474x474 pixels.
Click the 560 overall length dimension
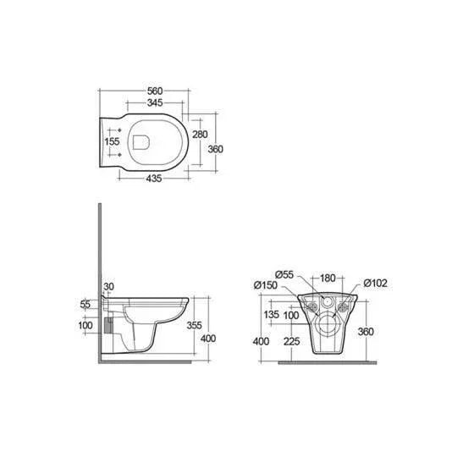(155, 91)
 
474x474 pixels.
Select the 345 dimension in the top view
(155, 102)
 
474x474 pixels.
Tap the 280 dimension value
(200, 135)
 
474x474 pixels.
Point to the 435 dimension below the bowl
(154, 179)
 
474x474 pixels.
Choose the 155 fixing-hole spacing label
(112, 141)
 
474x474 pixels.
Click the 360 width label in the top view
(215, 149)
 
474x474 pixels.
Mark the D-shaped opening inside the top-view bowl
(141, 142)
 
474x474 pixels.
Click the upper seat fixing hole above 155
(119, 130)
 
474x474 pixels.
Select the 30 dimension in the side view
(109, 286)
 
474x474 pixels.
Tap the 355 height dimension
(194, 325)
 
